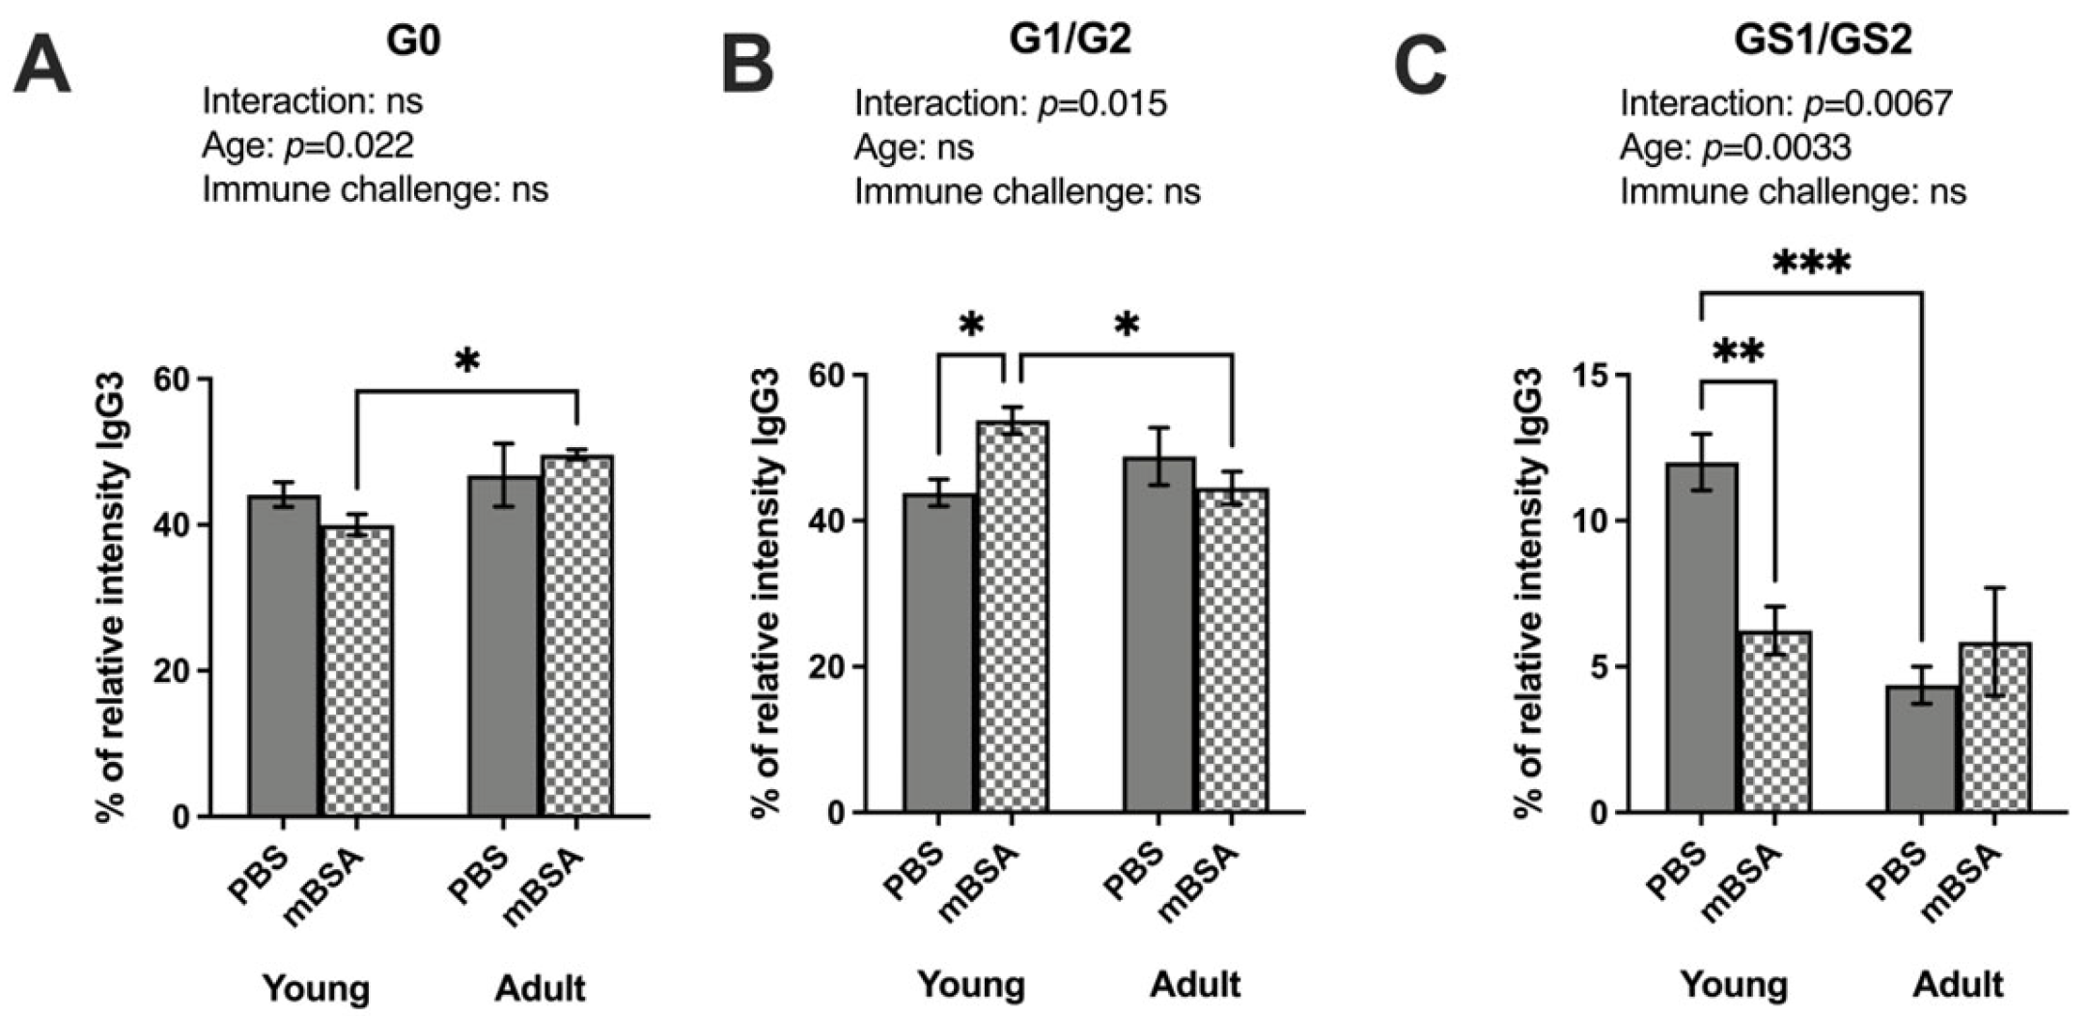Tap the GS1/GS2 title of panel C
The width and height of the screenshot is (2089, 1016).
tap(1822, 41)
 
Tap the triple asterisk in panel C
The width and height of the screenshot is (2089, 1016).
tap(1811, 264)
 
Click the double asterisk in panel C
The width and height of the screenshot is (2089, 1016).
tap(1738, 353)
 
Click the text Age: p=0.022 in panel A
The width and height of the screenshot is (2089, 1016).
tap(307, 145)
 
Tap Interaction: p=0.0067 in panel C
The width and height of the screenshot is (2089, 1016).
tap(1786, 102)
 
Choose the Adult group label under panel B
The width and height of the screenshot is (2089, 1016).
tap(1195, 985)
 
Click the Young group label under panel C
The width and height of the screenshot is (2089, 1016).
tap(1734, 985)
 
